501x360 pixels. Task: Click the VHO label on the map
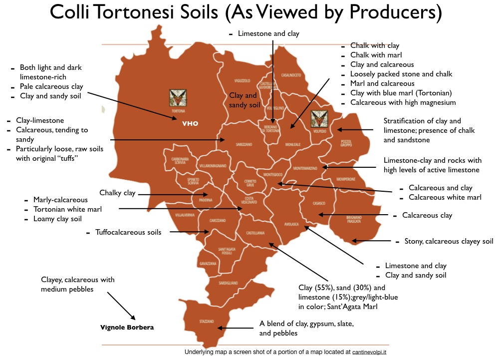[190, 122]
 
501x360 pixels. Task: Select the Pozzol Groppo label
[346, 144]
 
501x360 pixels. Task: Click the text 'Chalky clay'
[117, 193]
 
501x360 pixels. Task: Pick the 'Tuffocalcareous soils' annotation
[128, 232]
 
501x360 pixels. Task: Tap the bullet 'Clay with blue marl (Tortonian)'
[401, 93]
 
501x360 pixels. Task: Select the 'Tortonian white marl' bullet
[67, 209]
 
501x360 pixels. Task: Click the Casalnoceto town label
[291, 75]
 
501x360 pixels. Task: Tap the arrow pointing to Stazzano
[236, 328]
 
